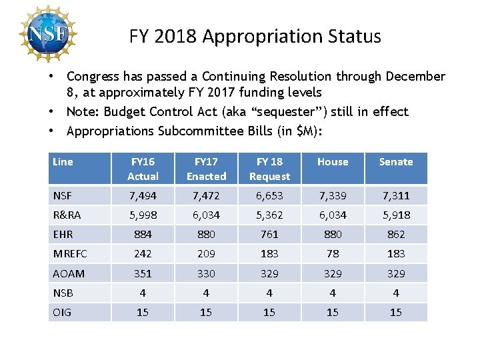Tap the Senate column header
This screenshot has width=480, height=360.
[396, 162]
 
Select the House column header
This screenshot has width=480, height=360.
[333, 162]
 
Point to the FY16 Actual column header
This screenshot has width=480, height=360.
[143, 169]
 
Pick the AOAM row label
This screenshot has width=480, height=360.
[69, 273]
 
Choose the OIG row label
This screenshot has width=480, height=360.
[62, 312]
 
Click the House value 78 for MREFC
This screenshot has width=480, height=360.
[333, 254]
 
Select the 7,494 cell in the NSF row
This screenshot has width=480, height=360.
[143, 196]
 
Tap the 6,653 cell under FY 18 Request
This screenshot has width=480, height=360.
[269, 196]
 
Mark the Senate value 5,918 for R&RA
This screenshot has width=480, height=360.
[396, 215]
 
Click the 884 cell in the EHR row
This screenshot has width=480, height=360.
[143, 235]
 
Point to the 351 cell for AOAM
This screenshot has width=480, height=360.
[143, 273]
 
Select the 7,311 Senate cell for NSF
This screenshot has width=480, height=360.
[396, 196]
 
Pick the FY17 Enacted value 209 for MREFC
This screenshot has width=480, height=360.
[206, 254]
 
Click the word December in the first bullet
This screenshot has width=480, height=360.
[413, 77]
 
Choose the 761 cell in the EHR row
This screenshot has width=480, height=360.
[269, 235]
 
